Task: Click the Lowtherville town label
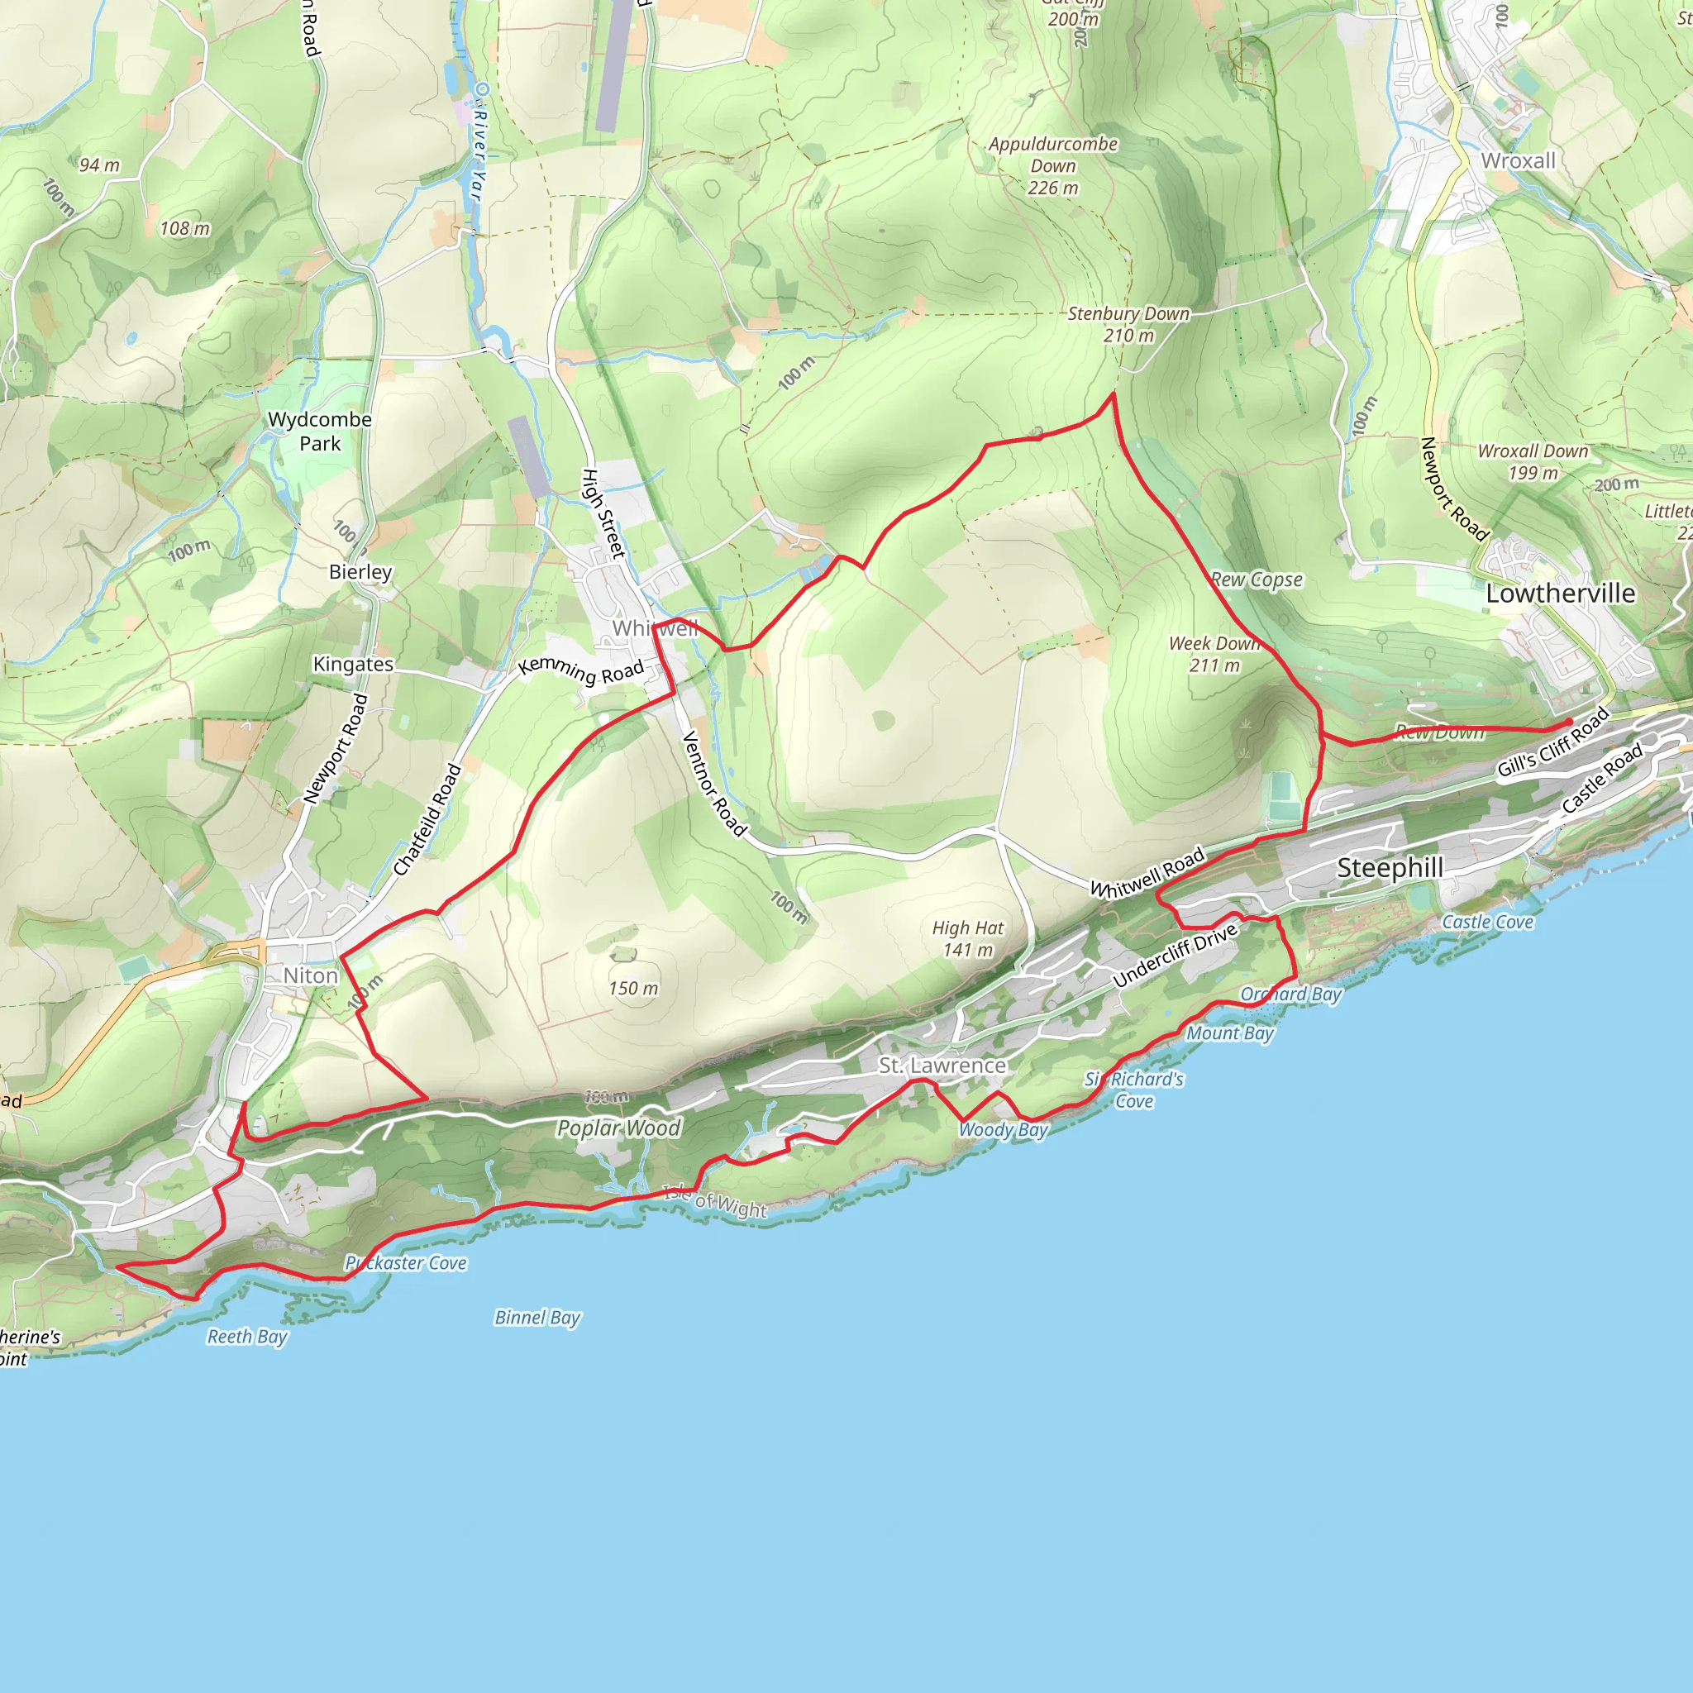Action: pos(1560,594)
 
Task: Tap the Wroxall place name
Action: pos(1518,160)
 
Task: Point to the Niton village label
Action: pos(310,975)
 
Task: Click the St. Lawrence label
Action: pos(942,1066)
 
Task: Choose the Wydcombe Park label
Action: pos(320,432)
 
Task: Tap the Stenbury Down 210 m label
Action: pos(1128,324)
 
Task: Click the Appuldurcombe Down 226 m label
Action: pos(1053,165)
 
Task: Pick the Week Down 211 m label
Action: pos(1214,654)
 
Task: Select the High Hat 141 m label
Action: pos(967,938)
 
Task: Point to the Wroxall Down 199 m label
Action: pos(1533,462)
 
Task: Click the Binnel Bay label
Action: pos(537,1317)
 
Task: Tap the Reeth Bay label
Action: pos(247,1337)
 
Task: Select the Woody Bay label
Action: pos(1003,1129)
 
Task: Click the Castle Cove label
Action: pos(1487,922)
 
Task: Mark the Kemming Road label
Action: pos(581,670)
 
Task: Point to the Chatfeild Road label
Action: pos(427,819)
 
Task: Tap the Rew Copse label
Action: pos(1257,579)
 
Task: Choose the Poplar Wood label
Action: pos(618,1128)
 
